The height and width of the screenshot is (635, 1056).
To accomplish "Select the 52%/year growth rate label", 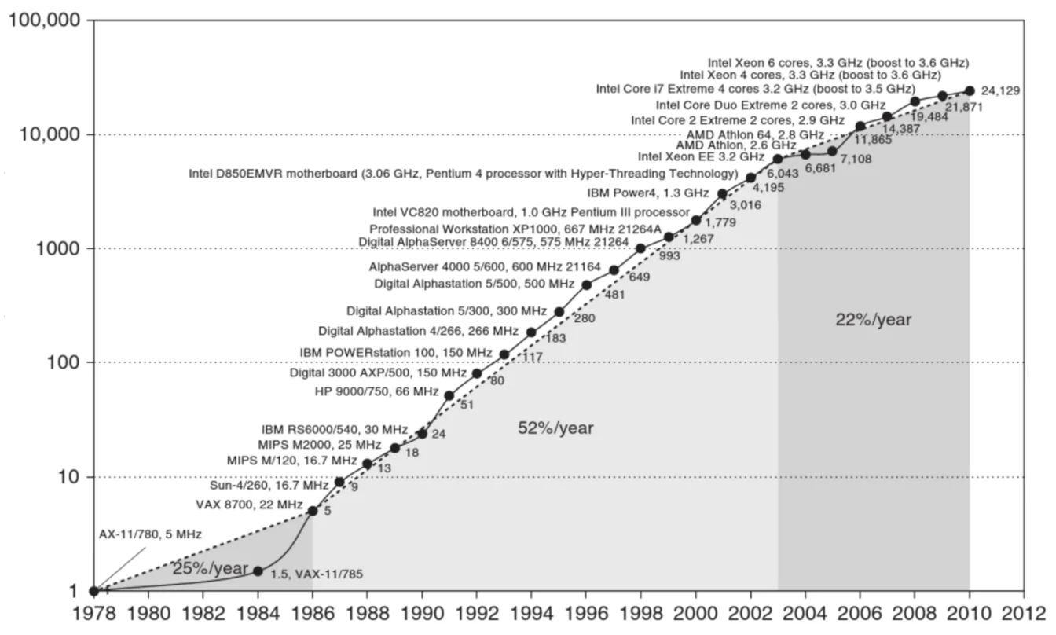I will coord(555,428).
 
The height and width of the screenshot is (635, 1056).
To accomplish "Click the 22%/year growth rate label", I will coord(873,320).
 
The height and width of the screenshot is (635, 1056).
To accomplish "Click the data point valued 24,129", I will coord(969,91).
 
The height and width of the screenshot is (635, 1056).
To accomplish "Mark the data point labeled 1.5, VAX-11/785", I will coord(258,571).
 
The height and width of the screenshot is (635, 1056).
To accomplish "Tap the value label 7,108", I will coord(856,160).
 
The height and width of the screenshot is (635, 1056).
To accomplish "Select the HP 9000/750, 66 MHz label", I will coord(376,391).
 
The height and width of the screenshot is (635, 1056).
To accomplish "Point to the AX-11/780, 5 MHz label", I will coord(150,534).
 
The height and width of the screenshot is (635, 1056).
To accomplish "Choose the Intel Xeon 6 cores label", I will coord(838,61).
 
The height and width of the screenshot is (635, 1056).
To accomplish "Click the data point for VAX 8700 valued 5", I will coord(313,511).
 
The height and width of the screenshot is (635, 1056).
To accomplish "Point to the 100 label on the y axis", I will coord(60,363).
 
